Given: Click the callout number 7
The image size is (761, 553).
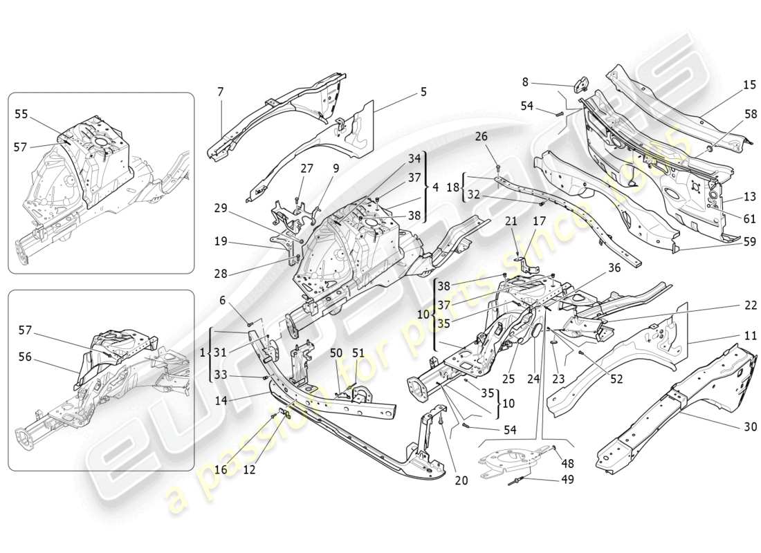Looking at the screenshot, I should (x=220, y=92).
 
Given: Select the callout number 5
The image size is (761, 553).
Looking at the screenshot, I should (x=423, y=92).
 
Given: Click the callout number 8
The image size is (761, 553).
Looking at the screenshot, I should (x=525, y=82).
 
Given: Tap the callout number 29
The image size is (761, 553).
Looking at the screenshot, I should (x=221, y=208).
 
